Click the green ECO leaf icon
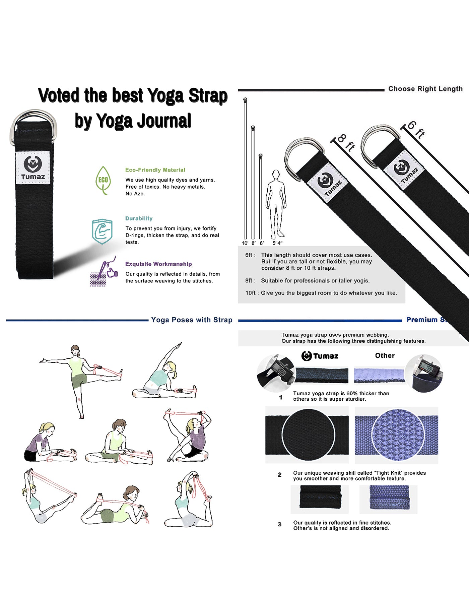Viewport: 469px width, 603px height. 103,181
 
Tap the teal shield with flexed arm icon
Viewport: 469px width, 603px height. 102,231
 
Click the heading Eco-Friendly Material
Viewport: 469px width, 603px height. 155,170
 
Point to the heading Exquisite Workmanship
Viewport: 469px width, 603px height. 158,264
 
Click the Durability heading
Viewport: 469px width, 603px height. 139,218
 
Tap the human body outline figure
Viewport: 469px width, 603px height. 276,204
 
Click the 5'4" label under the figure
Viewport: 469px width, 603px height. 277,243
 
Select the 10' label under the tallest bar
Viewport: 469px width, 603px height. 245,243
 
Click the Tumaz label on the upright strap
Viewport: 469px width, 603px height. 33,168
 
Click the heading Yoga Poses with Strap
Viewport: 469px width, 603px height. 192,320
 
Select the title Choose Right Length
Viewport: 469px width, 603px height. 425,89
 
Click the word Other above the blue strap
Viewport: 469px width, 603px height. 385,355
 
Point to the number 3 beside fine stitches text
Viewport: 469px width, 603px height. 280,525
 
